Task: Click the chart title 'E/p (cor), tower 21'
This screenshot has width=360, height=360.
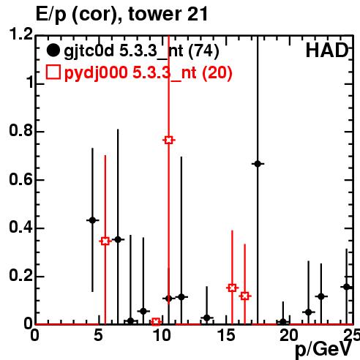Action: pos(121,14)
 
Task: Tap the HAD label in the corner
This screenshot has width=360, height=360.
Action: pos(327,50)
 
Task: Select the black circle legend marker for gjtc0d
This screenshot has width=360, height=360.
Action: pos(53,50)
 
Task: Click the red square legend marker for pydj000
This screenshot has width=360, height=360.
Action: pos(53,72)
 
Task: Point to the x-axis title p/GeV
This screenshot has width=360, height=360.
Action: pos(323,349)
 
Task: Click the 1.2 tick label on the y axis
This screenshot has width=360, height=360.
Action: pos(21,34)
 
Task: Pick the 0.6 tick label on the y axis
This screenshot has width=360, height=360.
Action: pos(21,179)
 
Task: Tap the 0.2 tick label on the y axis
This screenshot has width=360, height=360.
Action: pos(21,275)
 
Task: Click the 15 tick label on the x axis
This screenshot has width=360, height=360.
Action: pos(227,335)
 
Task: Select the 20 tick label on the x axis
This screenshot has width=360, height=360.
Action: pos(289,335)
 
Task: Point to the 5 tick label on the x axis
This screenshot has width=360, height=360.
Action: pos(98,335)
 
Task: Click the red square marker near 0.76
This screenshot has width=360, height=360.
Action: pos(168,140)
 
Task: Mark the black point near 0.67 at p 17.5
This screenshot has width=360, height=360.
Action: pos(258,164)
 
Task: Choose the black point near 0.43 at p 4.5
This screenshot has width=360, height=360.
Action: pos(92,220)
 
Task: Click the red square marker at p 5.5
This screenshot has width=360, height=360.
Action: pos(105,241)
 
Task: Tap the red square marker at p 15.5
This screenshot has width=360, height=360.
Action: pos(232,288)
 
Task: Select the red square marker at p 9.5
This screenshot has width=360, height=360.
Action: pos(156,322)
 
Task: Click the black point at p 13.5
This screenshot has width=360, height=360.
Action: pos(207,318)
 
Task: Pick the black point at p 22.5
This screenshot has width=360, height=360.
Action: pos(321,296)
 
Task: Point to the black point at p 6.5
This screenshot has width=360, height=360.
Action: pos(118,239)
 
